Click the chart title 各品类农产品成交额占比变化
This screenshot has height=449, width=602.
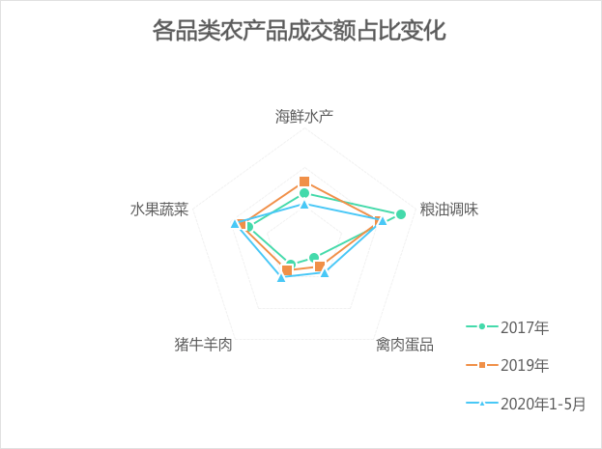pyautogui.click(x=300, y=31)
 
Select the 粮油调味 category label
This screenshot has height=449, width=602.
pyautogui.click(x=448, y=210)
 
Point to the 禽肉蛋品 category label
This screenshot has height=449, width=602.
pyautogui.click(x=404, y=344)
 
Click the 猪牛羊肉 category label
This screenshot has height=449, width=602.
pyautogui.click(x=203, y=344)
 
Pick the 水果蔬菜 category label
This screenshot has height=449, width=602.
pyautogui.click(x=159, y=210)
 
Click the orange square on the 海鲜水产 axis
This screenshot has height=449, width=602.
pyautogui.click(x=304, y=182)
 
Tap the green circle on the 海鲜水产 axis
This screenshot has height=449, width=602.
pyautogui.click(x=304, y=193)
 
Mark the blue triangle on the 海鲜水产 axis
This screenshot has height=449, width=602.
pyautogui.click(x=304, y=204)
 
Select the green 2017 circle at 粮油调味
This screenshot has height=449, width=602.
pyautogui.click(x=401, y=214)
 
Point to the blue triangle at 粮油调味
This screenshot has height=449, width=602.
pyautogui.click(x=383, y=221)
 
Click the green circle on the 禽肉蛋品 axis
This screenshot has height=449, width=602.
pyautogui.click(x=313, y=258)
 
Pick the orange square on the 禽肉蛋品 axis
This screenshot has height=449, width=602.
pyautogui.click(x=319, y=267)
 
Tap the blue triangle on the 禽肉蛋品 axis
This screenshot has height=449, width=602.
pyautogui.click(x=325, y=273)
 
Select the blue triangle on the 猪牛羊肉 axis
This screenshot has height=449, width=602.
pyautogui.click(x=281, y=277)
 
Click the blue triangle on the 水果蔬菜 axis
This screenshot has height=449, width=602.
pyautogui.click(x=235, y=224)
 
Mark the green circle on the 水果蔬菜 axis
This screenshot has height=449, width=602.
pyautogui.click(x=248, y=228)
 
